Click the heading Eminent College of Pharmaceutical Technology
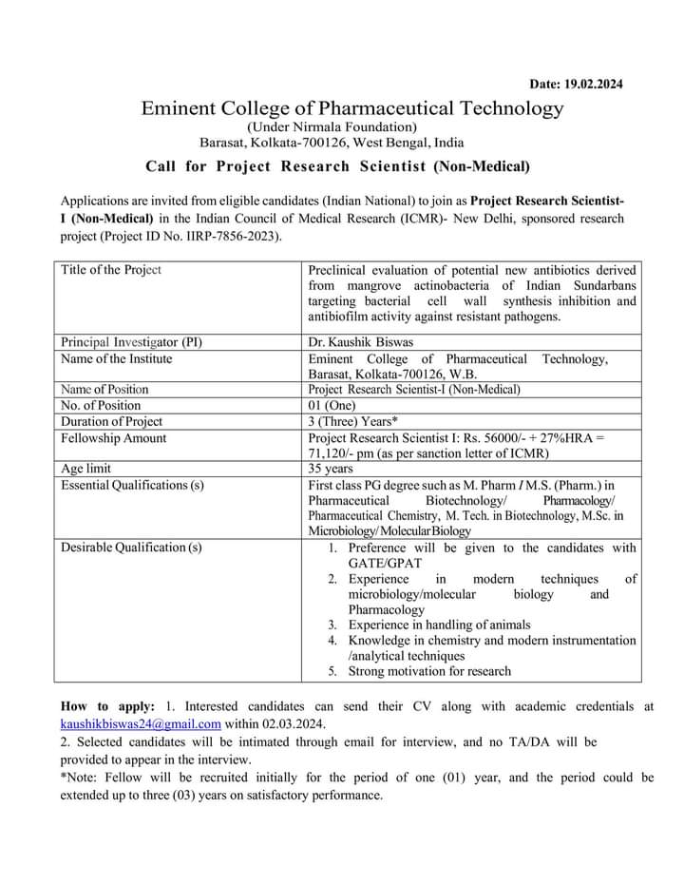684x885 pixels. [352, 108]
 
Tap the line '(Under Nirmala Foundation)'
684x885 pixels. [332, 126]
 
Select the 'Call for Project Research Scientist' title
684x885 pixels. [337, 166]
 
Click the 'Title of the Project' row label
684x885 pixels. [111, 269]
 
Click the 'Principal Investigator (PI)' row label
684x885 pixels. [131, 341]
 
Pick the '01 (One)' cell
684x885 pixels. [330, 405]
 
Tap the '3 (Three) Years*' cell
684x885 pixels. [352, 421]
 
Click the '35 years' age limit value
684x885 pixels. [331, 469]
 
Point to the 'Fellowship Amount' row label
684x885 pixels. [113, 437]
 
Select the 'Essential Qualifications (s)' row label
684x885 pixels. [132, 485]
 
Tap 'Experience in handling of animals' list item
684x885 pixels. [439, 625]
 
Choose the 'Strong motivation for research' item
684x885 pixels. [429, 671]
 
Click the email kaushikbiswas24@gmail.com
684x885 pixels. [141, 723]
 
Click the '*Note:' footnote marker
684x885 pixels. [79, 777]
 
